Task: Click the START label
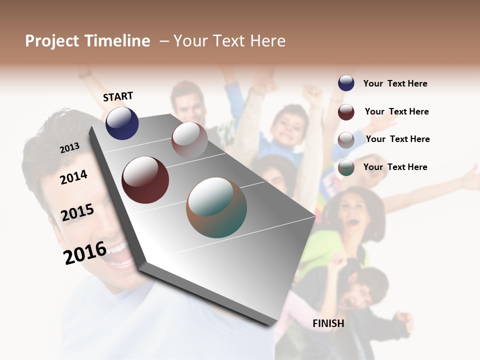[118, 96]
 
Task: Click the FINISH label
[328, 323]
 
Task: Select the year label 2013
[69, 147]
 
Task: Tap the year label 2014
[74, 176]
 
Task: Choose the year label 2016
[85, 252]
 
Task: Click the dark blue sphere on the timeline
[122, 123]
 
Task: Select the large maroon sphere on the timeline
[145, 180]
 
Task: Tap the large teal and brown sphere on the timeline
[216, 207]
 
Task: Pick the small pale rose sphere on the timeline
[189, 139]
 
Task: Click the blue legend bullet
[346, 83]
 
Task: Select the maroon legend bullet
[346, 112]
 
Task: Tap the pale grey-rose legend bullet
[346, 140]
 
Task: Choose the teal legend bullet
[346, 167]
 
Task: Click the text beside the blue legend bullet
[395, 83]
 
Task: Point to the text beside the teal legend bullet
[395, 167]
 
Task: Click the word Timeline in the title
[118, 41]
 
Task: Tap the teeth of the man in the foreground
[116, 249]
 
